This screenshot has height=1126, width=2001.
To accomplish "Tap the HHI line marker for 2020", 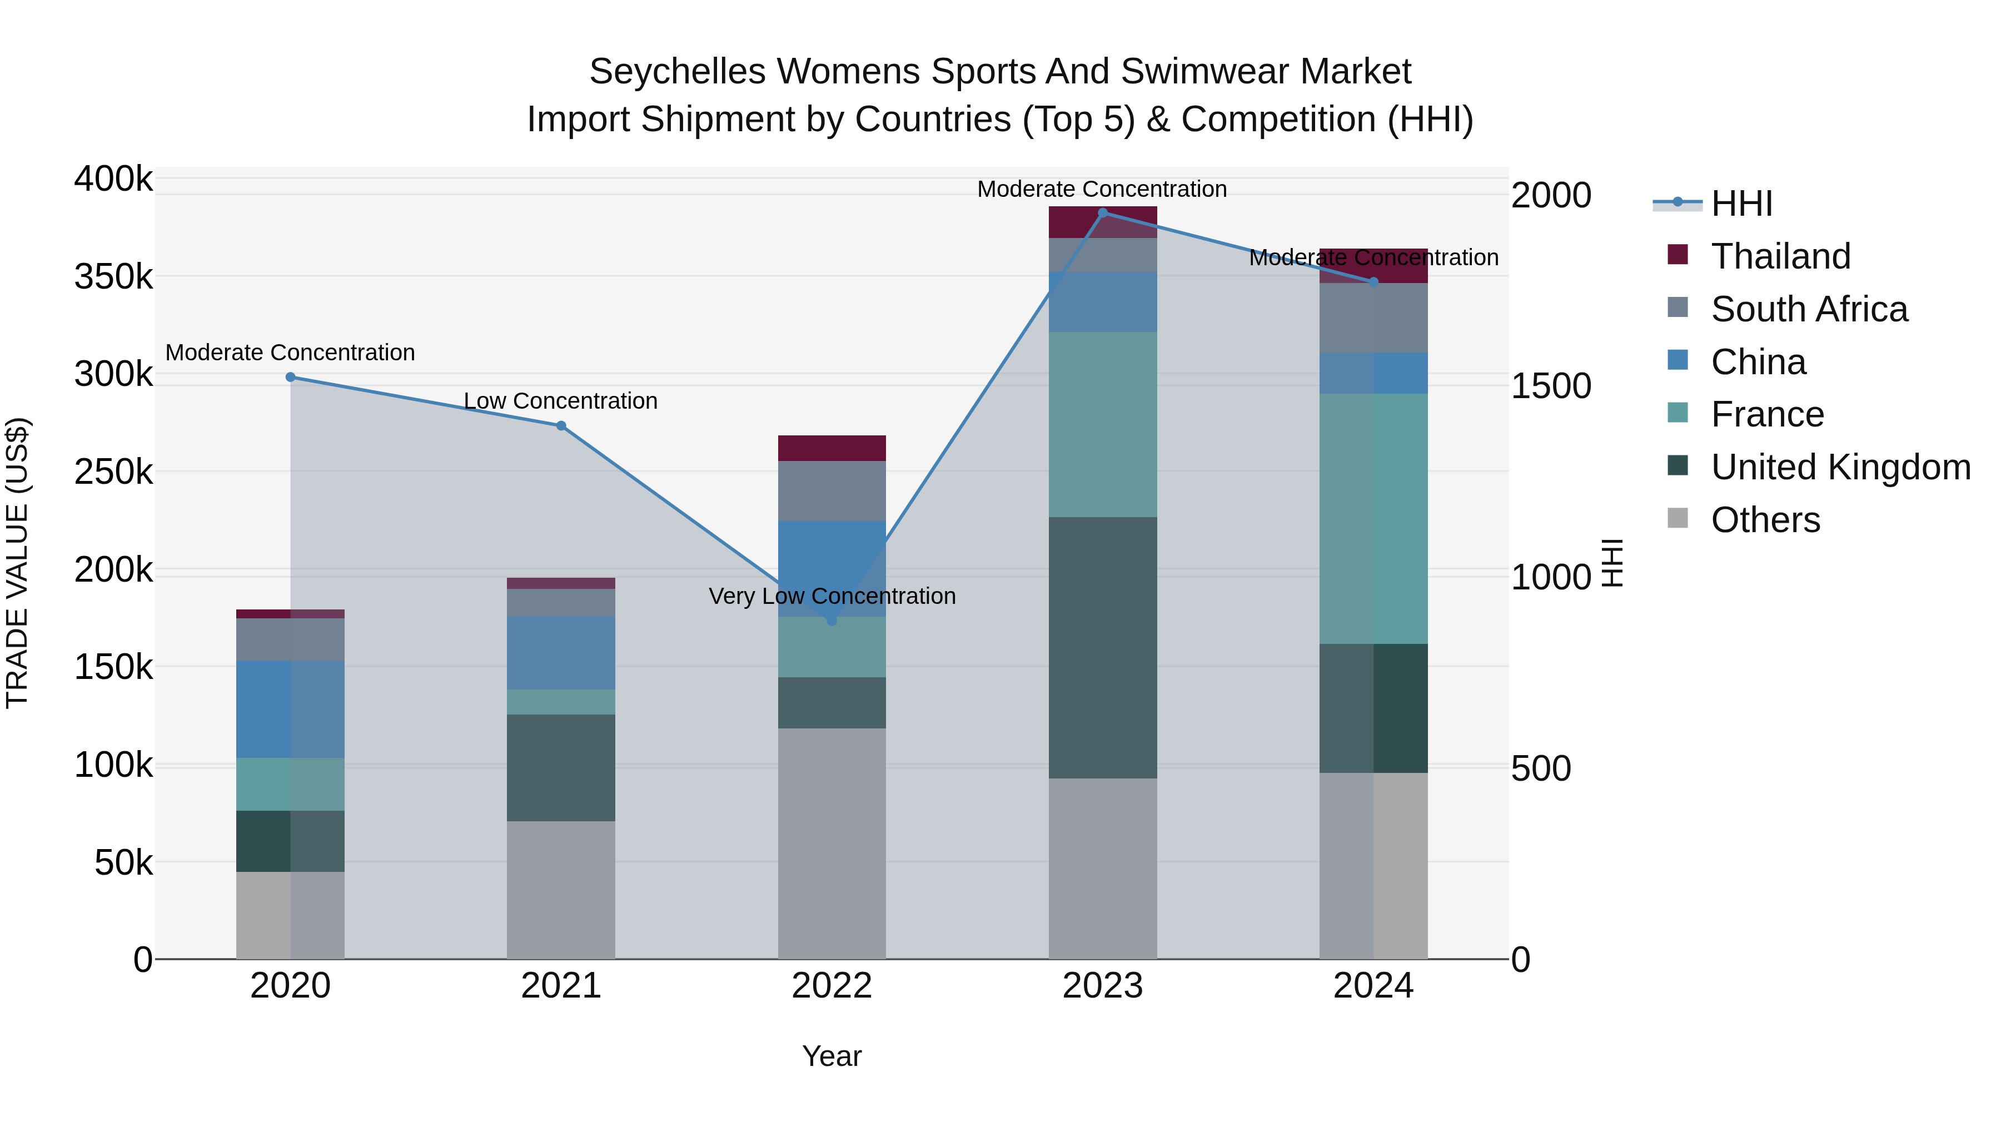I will tap(291, 377).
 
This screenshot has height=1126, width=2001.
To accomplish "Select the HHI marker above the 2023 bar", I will tap(1102, 213).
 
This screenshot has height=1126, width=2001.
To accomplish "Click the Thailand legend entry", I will tap(1780, 256).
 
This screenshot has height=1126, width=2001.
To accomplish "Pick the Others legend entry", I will tap(1765, 520).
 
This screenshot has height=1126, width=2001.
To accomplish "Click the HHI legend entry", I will tap(1741, 204).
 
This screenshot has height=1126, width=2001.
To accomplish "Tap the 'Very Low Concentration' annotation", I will tap(832, 596).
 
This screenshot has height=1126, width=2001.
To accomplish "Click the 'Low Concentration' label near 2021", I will tap(561, 401).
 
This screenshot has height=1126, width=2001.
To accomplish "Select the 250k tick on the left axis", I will tap(113, 472).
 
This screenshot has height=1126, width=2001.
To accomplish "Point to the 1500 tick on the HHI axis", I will tap(1550, 386).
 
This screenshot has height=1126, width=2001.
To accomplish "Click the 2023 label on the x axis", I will tap(1102, 986).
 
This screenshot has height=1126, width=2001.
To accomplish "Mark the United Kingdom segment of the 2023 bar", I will tap(1102, 647).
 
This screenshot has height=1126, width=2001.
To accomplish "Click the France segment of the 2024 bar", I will tap(1373, 518).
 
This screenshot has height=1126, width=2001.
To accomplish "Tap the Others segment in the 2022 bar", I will tap(832, 843).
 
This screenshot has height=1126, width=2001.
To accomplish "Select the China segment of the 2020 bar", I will tap(291, 709).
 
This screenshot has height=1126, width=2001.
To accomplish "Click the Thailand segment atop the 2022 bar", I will tap(832, 448).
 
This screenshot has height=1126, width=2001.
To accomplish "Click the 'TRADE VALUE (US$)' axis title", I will tap(17, 563).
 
